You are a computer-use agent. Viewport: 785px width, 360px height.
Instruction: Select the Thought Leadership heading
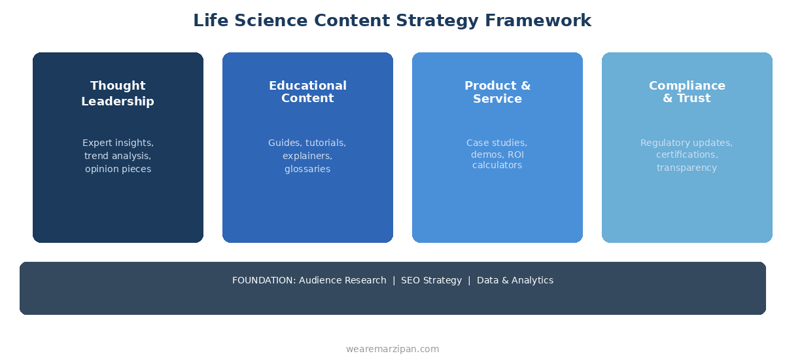click(x=118, y=94)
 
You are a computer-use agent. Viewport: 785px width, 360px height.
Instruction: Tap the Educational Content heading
click(x=307, y=92)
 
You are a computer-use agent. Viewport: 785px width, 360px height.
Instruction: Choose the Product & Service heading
click(x=497, y=92)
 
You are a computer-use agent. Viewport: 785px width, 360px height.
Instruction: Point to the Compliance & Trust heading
click(x=687, y=92)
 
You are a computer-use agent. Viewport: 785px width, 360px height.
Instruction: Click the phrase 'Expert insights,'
click(x=118, y=143)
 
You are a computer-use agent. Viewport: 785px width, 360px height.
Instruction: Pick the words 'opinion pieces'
click(x=118, y=169)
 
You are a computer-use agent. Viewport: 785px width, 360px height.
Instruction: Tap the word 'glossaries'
click(x=307, y=169)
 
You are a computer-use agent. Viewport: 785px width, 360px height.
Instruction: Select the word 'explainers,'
click(x=307, y=156)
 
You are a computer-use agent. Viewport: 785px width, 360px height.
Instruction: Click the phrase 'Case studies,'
click(x=497, y=143)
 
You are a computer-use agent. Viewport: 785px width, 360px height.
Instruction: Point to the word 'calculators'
click(x=497, y=166)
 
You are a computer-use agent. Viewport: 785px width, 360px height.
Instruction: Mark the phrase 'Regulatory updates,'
click(x=686, y=143)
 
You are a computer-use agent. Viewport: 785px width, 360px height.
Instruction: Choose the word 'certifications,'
click(x=687, y=154)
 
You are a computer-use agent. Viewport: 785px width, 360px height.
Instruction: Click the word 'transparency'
click(x=687, y=168)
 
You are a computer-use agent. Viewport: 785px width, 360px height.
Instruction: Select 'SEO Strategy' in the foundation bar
click(x=431, y=280)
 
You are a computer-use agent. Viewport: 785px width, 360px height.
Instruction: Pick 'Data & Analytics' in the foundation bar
click(x=515, y=280)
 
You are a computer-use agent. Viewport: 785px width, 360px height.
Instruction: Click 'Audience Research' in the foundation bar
click(x=342, y=280)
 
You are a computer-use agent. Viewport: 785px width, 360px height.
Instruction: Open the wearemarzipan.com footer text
click(x=392, y=349)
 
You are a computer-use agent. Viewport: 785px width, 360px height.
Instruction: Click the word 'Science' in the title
click(x=271, y=21)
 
